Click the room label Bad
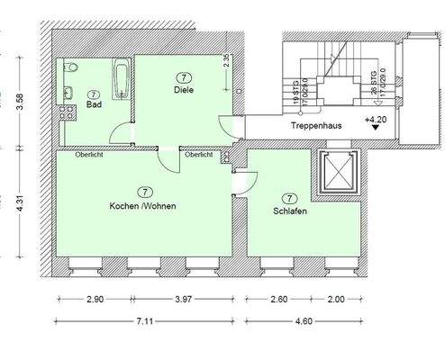[93, 105]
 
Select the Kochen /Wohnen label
[143, 206]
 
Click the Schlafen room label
[289, 211]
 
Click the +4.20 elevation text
[377, 119]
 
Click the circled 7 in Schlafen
[289, 198]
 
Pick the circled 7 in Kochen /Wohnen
[143, 192]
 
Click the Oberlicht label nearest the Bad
[77, 154]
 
